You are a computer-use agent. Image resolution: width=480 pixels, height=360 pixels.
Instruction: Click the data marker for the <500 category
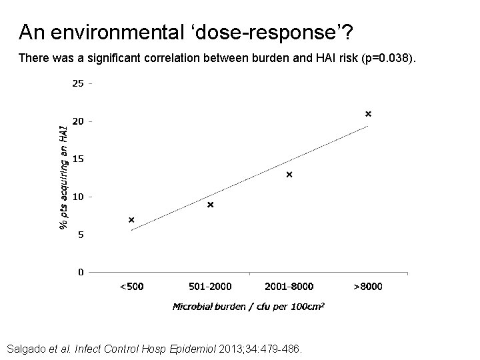(x=131, y=220)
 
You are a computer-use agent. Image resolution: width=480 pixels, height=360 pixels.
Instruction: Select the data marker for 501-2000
(x=211, y=205)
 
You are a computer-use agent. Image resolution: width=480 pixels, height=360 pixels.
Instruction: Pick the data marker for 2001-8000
(x=289, y=175)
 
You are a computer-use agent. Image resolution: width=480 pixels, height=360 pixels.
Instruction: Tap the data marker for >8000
(x=368, y=114)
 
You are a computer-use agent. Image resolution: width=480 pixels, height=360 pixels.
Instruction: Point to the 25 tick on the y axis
(x=78, y=84)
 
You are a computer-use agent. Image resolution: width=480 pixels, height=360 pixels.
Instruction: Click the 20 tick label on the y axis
(x=78, y=121)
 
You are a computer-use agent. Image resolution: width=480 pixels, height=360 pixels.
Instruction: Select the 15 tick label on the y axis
(x=78, y=159)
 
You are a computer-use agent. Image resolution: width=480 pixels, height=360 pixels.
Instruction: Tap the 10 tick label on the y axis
(x=78, y=197)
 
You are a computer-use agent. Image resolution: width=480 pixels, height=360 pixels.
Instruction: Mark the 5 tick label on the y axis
(x=81, y=235)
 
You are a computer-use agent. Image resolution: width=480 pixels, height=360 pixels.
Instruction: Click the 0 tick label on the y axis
(x=81, y=272)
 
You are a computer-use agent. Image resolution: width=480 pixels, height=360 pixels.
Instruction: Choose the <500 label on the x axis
(x=131, y=287)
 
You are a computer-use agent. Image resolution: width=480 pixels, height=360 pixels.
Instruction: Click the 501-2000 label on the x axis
(x=210, y=287)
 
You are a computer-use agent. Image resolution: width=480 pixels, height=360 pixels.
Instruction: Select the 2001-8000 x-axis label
(x=289, y=287)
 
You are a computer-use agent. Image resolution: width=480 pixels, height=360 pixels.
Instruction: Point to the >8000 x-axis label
(x=368, y=287)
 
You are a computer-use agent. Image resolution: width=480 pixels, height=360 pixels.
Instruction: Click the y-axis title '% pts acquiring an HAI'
(x=63, y=177)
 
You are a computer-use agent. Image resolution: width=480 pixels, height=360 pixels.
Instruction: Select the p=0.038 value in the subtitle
(x=387, y=58)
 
